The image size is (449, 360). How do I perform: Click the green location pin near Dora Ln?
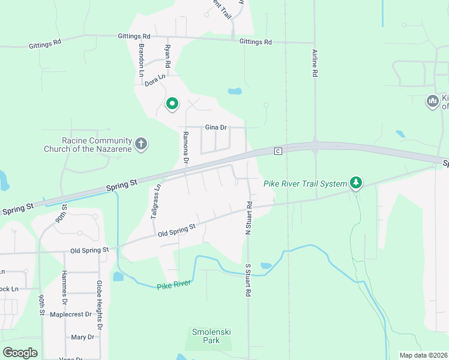[x=172, y=104]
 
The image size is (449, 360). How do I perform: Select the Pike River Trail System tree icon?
[x=357, y=182]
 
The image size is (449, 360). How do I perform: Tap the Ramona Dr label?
[x=185, y=147]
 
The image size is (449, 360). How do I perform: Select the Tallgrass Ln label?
[x=156, y=200]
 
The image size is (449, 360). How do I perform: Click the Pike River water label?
[x=173, y=285]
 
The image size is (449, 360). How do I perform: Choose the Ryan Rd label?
[x=167, y=56]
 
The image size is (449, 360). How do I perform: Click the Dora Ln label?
[x=154, y=80]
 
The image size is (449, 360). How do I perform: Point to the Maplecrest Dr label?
[x=70, y=314]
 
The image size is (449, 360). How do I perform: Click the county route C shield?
[x=278, y=151]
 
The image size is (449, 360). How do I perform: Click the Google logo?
[x=20, y=353]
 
